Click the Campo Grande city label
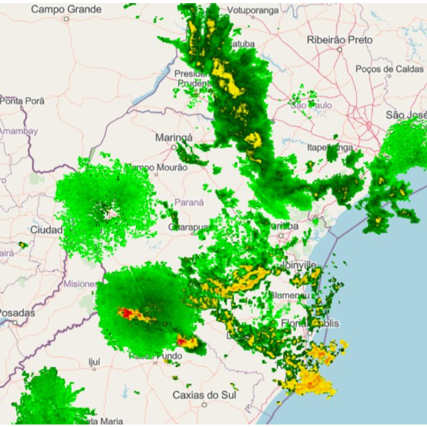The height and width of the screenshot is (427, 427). [66, 9]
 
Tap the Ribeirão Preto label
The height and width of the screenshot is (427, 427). [340, 39]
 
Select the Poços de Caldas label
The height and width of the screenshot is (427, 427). [389, 69]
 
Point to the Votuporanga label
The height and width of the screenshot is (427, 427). [252, 10]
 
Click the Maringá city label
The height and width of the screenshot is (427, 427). [173, 137]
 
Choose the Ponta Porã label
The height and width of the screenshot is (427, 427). [22, 101]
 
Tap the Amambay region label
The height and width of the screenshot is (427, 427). [18, 131]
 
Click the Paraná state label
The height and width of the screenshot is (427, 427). [189, 202]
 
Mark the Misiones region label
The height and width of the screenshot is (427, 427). [80, 284]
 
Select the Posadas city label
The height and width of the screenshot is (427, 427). [16, 312]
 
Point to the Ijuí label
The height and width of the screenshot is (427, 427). [95, 360]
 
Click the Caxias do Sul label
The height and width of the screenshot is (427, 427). [204, 395]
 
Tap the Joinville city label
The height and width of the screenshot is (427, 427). [299, 265]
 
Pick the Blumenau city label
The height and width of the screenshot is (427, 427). [290, 295]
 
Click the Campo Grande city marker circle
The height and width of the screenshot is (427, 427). [66, 19]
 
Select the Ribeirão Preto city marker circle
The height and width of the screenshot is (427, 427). [340, 49]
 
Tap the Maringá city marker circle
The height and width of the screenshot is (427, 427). [173, 147]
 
